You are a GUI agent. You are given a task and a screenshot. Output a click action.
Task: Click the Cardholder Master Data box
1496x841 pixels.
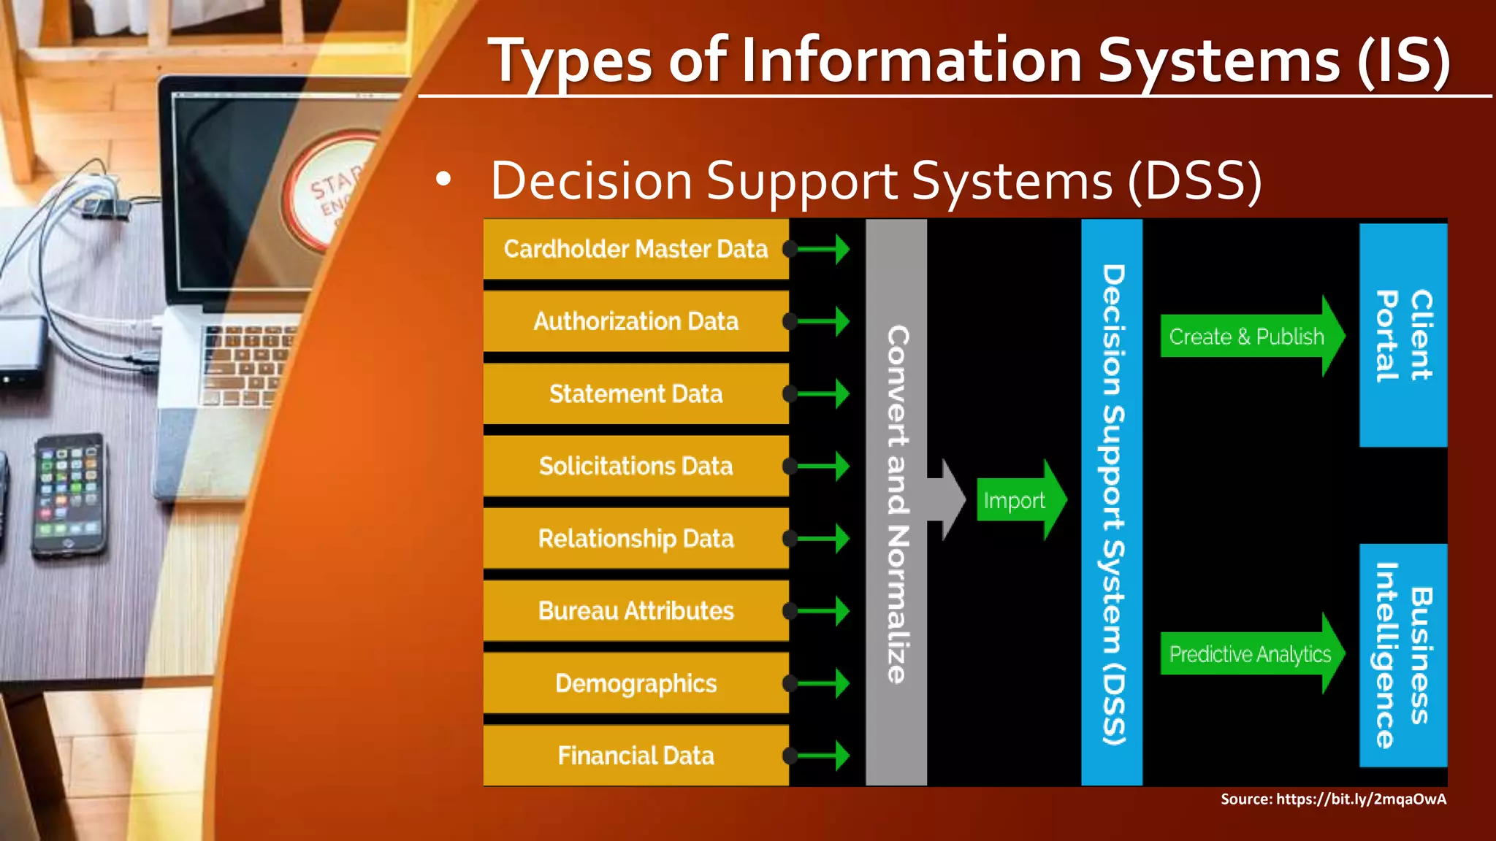point(636,249)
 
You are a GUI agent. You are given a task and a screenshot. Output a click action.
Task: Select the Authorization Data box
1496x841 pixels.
point(636,321)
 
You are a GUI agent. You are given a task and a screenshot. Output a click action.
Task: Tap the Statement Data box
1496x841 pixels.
point(636,393)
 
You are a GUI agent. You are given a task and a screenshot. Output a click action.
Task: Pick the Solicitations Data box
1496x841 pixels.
point(636,466)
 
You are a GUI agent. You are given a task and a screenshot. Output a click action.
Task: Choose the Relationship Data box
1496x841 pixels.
point(636,539)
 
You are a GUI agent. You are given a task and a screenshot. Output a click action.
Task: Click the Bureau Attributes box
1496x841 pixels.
point(636,611)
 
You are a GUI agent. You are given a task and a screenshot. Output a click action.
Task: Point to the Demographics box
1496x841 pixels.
point(636,683)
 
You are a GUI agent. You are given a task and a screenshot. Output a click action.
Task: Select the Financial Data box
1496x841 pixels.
point(636,756)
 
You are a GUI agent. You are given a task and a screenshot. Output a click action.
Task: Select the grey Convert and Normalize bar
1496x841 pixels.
point(896,504)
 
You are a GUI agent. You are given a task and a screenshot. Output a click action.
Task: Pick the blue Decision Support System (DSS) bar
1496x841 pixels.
point(1112,504)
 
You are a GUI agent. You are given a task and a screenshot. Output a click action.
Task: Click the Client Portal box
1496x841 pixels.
point(1403,335)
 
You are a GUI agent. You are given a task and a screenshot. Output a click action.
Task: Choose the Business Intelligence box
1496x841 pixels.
point(1403,655)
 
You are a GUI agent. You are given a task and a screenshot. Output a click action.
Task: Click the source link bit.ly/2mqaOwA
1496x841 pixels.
point(1361,799)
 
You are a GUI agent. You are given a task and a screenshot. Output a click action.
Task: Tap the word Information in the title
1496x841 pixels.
point(911,61)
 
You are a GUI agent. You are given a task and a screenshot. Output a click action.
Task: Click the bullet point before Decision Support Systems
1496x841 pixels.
point(443,180)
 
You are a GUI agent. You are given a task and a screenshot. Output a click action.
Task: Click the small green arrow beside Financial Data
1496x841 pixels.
point(825,756)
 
